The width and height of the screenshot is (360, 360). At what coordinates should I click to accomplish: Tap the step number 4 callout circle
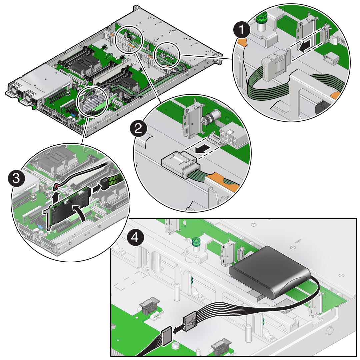coord(135,237)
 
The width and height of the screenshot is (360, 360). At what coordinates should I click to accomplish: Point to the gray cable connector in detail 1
coord(274,65)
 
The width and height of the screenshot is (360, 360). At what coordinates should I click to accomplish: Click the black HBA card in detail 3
coord(69,207)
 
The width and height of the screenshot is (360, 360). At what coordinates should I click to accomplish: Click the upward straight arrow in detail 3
coord(55,197)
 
